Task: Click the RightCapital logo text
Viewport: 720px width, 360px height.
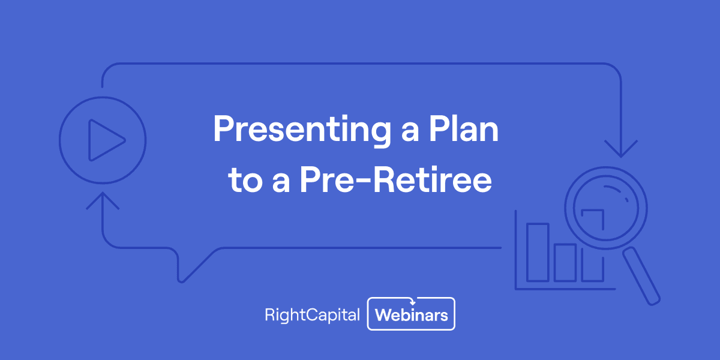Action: click(x=312, y=314)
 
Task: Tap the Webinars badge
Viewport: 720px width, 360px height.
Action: click(x=412, y=314)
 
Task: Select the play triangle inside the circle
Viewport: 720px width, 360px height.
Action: click(x=104, y=140)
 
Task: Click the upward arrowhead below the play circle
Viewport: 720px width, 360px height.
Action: click(x=103, y=200)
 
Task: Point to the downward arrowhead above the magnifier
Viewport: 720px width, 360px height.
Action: click(x=621, y=149)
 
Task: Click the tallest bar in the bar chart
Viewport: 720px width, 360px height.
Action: click(x=538, y=252)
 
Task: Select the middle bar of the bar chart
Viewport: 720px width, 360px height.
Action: click(x=565, y=262)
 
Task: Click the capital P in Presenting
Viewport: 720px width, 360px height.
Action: click(x=223, y=129)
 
